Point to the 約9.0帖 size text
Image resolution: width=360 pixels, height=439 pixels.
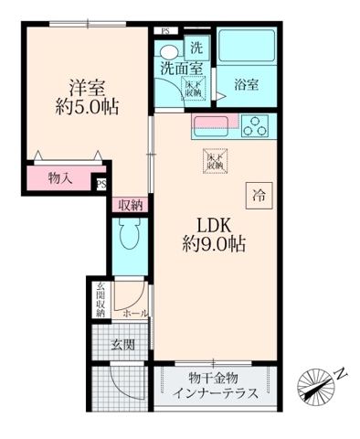(213, 244)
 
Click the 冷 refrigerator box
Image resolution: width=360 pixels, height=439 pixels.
(259, 194)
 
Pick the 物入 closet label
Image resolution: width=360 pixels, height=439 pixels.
(60, 178)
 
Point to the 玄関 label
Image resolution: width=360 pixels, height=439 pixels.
(123, 346)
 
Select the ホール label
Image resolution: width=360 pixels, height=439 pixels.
(135, 312)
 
